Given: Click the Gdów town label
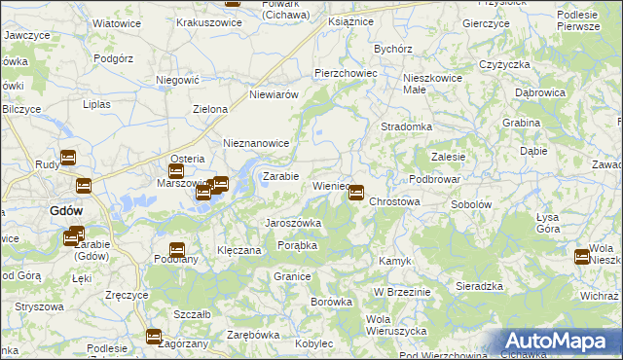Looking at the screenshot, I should click(x=66, y=210).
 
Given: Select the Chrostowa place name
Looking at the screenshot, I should click(x=394, y=202).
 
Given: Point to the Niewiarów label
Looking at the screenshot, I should click(x=274, y=94).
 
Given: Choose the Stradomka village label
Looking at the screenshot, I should click(x=406, y=126).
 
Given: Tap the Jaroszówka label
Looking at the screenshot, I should click(x=293, y=223).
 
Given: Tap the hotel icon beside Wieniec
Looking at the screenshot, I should click(x=357, y=193).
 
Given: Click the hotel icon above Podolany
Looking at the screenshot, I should click(x=177, y=250).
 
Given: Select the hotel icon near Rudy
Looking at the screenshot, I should click(x=68, y=158).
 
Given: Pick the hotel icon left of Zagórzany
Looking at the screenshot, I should click(x=154, y=337).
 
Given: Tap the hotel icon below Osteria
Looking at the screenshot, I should click(x=176, y=172).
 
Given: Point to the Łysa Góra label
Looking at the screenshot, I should click(x=548, y=222).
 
